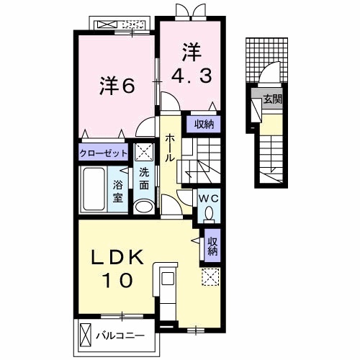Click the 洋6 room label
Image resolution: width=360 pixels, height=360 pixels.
pos(117,86)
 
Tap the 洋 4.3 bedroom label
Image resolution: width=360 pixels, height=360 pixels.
pos(192,63)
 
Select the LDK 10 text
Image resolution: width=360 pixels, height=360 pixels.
pos(117,268)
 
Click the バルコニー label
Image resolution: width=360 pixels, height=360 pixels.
pos(120,336)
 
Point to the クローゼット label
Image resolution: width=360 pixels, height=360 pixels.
pos(103,153)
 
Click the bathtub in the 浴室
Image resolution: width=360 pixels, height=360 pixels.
pos(94,189)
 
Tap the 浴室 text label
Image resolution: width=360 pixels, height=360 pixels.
pos(118,192)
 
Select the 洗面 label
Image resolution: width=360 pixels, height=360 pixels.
pos(144,179)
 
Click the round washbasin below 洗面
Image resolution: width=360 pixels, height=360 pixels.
pos(144,206)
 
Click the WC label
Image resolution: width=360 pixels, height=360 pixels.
pos(209,199)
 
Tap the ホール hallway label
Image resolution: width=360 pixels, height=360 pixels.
pos(169,148)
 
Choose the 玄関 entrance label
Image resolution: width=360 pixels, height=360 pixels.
pos(272,99)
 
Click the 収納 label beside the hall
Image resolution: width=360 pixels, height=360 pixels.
pos(204,125)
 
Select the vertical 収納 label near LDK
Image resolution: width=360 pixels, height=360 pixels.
pos(212,246)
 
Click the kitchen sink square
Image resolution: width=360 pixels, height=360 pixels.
pos(168,279)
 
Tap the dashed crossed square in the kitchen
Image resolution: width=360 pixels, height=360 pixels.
pos(210,277)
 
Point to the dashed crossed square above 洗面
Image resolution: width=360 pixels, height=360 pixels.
pos(143,152)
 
